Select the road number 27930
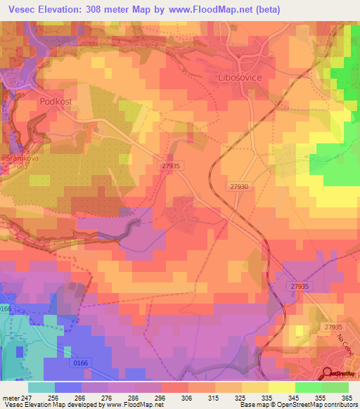tap(239, 186)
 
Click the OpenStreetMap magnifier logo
tap(329, 375)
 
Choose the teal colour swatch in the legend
tap(41, 387)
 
